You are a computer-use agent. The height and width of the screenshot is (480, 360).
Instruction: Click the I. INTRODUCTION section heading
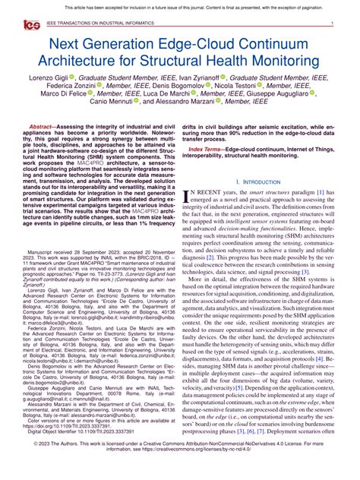click(x=258, y=203)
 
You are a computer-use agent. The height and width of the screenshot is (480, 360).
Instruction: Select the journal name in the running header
click(x=94, y=24)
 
